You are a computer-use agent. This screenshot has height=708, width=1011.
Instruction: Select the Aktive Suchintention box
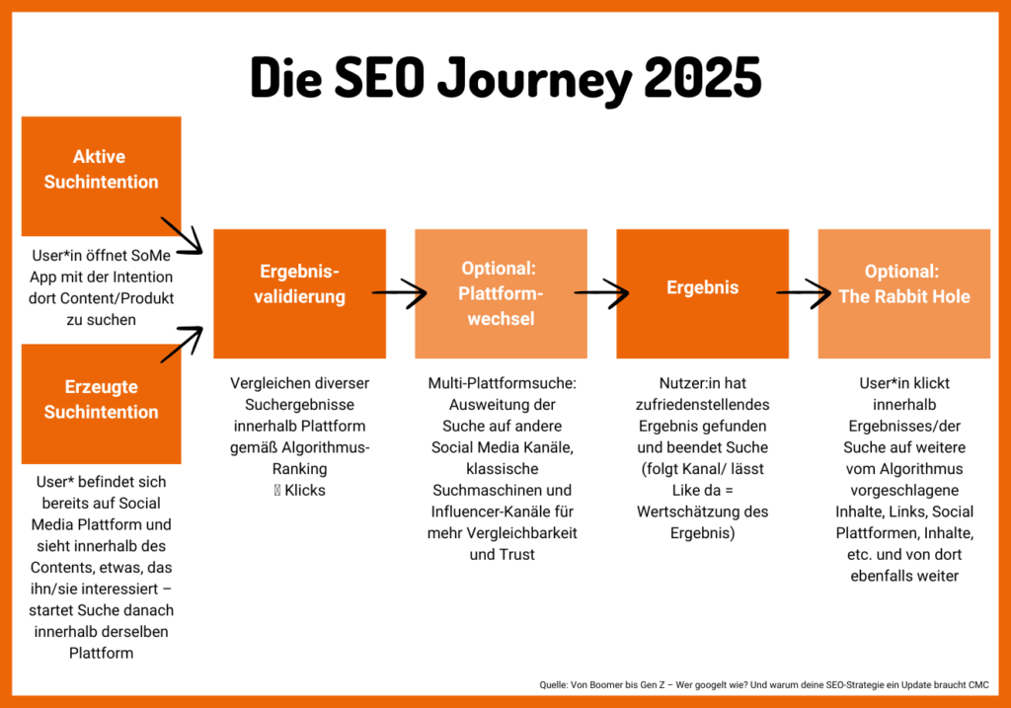click(x=101, y=169)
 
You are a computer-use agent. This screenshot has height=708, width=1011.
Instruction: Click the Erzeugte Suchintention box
click(x=101, y=399)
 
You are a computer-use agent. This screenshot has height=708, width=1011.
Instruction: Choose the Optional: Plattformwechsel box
click(x=501, y=293)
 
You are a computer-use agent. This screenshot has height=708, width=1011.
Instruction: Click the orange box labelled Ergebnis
click(x=702, y=293)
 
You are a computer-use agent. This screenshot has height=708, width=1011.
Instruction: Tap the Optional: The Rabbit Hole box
click(x=903, y=293)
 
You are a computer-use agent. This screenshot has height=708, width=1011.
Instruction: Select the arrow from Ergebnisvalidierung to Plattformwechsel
click(x=400, y=293)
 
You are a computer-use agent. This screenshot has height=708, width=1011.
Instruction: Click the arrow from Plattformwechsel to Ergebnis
click(x=601, y=293)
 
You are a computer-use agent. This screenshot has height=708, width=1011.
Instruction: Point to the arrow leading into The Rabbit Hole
click(x=803, y=293)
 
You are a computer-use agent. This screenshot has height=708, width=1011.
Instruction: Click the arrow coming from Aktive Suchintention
click(x=182, y=236)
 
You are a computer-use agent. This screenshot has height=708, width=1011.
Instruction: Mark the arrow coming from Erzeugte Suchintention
click(x=182, y=344)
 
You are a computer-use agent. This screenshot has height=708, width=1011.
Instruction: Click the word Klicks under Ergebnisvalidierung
click(x=306, y=490)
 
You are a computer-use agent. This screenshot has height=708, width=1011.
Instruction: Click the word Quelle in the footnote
click(x=553, y=684)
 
